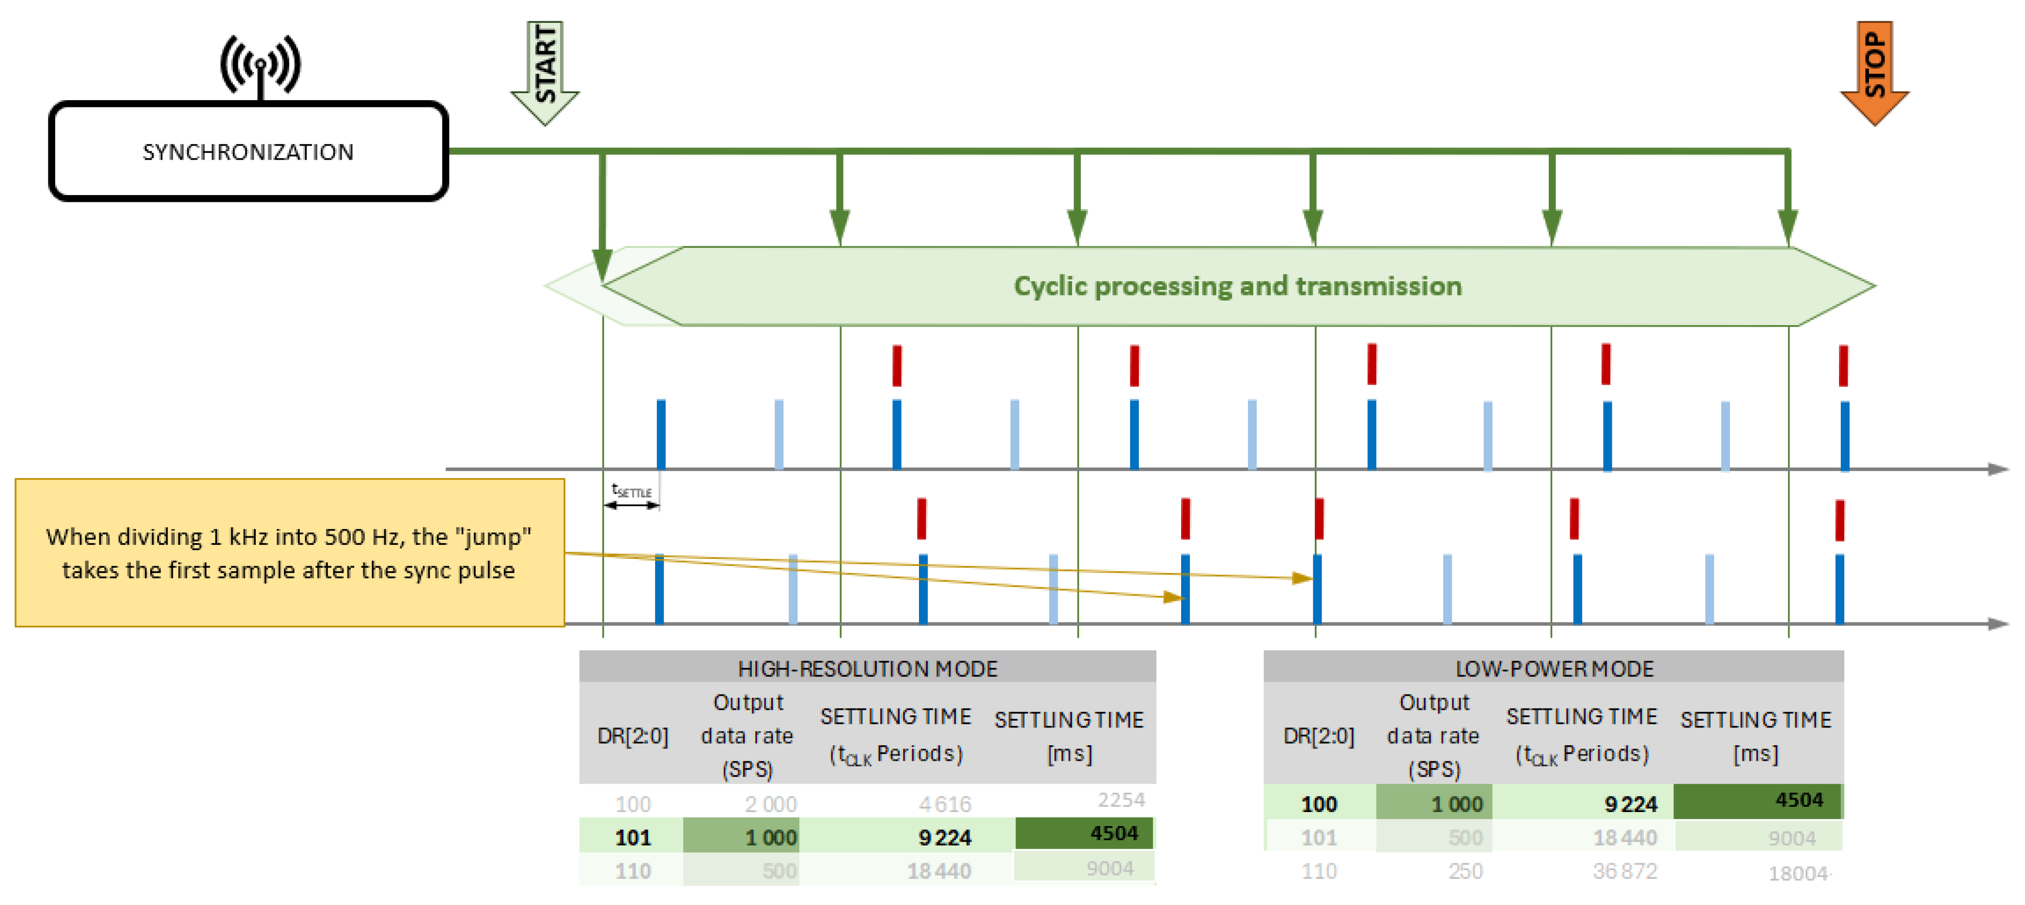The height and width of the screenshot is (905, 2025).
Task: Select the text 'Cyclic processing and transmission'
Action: tap(1237, 286)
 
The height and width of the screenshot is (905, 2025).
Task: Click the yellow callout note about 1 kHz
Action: tap(289, 553)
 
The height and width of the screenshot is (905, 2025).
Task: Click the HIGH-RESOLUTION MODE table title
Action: tap(867, 668)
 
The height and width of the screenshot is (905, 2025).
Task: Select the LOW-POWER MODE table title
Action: tap(1554, 668)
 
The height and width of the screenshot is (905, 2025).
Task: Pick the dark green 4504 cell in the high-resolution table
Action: tap(1085, 833)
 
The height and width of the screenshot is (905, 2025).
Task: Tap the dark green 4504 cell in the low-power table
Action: tap(1758, 800)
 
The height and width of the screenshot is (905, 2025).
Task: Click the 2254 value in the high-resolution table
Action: tap(1121, 799)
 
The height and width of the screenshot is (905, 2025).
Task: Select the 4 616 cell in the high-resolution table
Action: tap(945, 804)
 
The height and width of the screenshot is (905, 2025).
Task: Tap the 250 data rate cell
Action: tap(1465, 871)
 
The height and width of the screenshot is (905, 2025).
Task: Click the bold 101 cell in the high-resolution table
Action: tap(633, 837)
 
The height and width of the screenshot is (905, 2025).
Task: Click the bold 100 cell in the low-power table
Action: tap(1319, 804)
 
